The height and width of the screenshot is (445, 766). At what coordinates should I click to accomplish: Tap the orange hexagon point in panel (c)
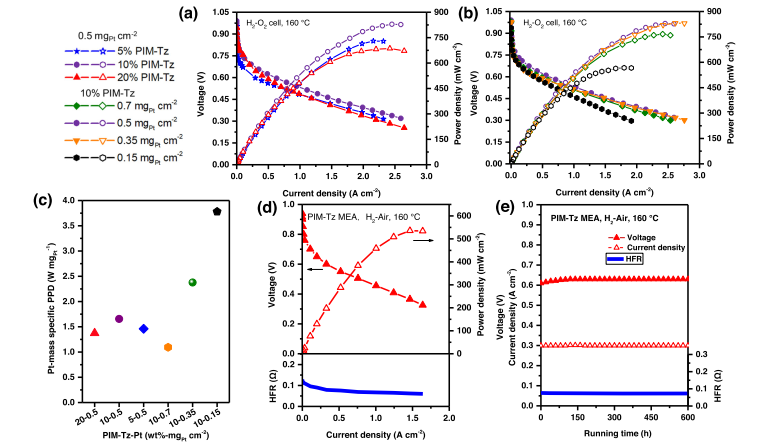pos(168,347)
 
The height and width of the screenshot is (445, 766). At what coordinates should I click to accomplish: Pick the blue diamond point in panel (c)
pos(143,328)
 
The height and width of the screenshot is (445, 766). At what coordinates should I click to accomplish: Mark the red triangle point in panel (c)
pos(95,332)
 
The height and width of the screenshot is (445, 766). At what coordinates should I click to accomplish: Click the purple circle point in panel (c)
pos(119,319)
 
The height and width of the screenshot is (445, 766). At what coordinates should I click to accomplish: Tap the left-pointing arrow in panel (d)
pos(318,270)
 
